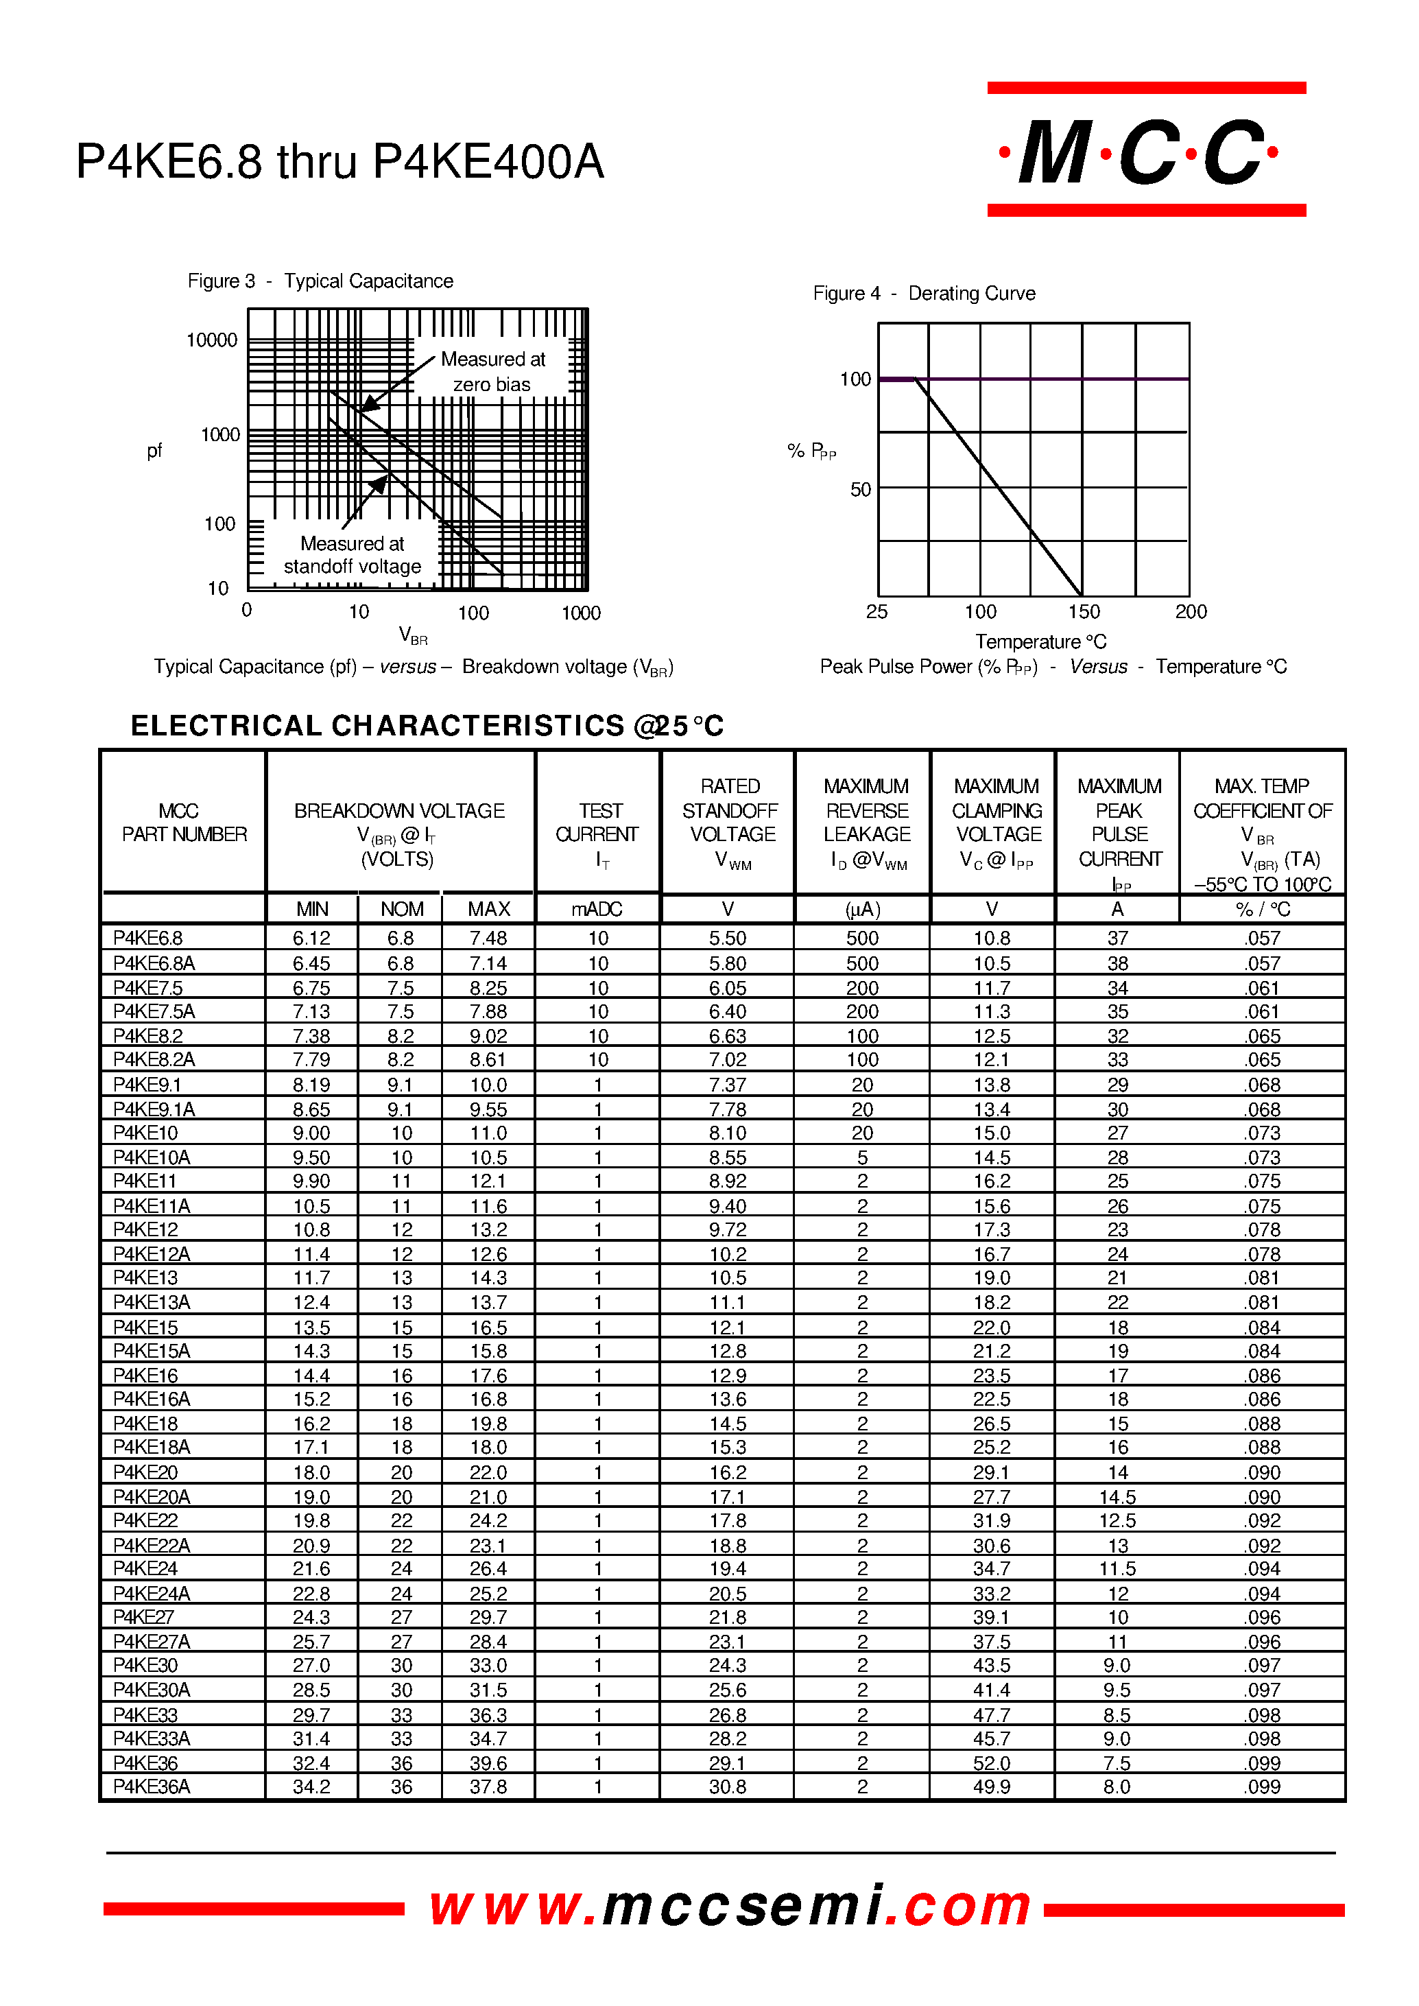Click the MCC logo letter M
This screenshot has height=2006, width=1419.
point(1055,152)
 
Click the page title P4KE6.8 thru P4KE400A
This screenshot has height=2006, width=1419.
point(340,162)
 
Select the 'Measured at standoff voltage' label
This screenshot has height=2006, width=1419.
point(352,555)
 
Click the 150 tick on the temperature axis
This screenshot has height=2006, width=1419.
point(1084,612)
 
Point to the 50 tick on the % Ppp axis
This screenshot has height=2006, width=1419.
point(861,489)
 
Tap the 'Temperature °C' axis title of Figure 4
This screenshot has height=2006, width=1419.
point(1040,641)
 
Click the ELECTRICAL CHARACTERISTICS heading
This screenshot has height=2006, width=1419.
point(427,725)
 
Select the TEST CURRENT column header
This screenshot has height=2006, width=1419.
point(597,823)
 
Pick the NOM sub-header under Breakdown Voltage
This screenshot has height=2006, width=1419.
point(401,909)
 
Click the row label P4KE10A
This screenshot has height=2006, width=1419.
point(151,1157)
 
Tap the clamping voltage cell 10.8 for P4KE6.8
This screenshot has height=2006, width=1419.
point(992,938)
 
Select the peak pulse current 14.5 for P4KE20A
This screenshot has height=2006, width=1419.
point(1117,1497)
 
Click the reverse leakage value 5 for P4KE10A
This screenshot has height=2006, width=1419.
point(862,1157)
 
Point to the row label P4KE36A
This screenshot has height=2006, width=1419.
point(151,1786)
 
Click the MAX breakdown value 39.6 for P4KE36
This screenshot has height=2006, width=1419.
point(488,1763)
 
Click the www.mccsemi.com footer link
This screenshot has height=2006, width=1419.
point(730,1907)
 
